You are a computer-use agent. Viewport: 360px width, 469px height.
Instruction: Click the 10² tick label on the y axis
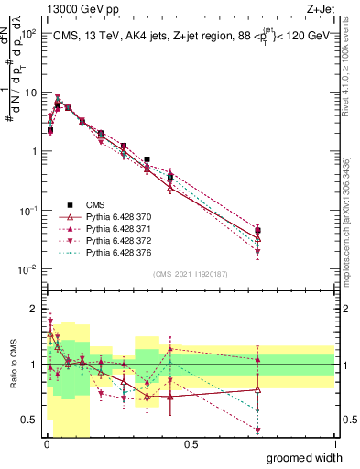coord(27,33)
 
